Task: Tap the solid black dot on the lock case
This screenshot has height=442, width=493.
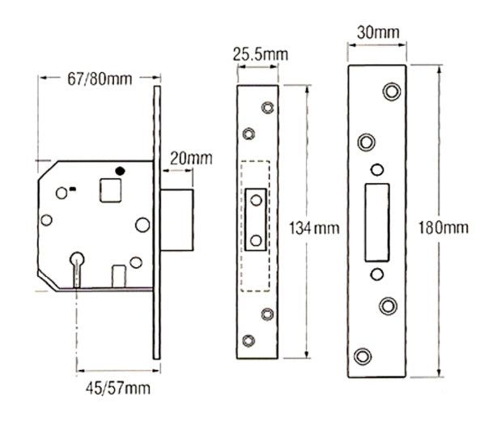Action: (x=121, y=172)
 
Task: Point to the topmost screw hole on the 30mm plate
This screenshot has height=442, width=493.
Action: (x=392, y=91)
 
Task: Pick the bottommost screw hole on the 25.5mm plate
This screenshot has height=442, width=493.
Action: (x=249, y=341)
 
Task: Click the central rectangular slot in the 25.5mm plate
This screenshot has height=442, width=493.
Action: (x=257, y=219)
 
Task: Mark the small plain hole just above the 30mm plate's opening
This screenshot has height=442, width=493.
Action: (x=376, y=169)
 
